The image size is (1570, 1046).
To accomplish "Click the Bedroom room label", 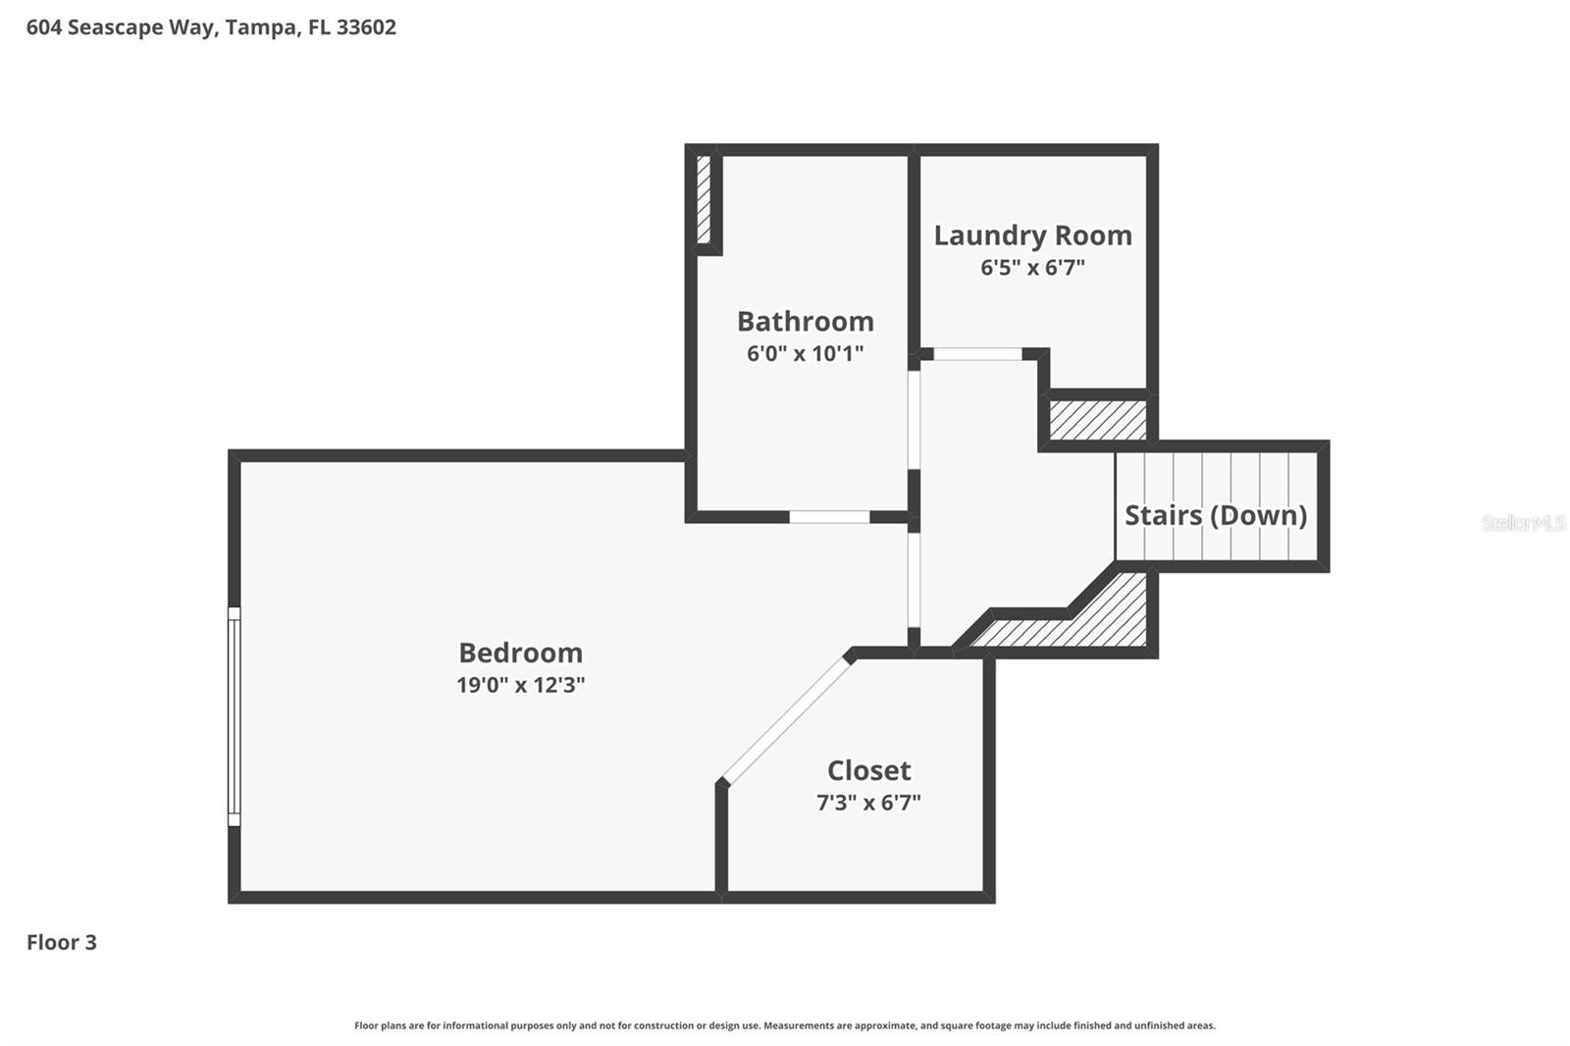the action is [x=521, y=653].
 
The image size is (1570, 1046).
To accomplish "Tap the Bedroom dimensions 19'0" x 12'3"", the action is [x=521, y=684].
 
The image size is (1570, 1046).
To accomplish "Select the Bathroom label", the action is [x=806, y=322].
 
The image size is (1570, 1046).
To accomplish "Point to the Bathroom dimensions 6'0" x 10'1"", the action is [x=805, y=353].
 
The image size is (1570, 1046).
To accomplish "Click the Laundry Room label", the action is [x=1033, y=235].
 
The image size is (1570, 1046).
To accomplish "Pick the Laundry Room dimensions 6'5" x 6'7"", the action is [x=1032, y=267].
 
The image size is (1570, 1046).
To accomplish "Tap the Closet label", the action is [x=869, y=770].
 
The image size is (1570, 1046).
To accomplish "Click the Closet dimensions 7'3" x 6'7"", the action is [x=868, y=802].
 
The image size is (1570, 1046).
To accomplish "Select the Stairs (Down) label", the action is [x=1216, y=515].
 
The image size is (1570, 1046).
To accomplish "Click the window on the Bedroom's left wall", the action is [x=235, y=716].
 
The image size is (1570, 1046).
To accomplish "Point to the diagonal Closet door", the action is [x=786, y=720].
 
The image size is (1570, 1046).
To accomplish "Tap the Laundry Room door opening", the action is [x=977, y=354].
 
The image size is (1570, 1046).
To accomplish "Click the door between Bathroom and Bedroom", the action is [x=830, y=517].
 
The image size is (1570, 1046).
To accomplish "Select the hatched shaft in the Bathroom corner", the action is [x=704, y=199].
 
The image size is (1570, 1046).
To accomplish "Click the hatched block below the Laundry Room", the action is [x=1098, y=420].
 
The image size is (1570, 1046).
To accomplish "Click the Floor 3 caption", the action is [x=62, y=942].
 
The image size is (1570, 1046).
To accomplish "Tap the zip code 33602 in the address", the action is [x=366, y=27].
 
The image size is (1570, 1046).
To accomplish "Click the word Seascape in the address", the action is [x=115, y=28].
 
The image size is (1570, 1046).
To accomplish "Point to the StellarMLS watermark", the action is [x=1524, y=522].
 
